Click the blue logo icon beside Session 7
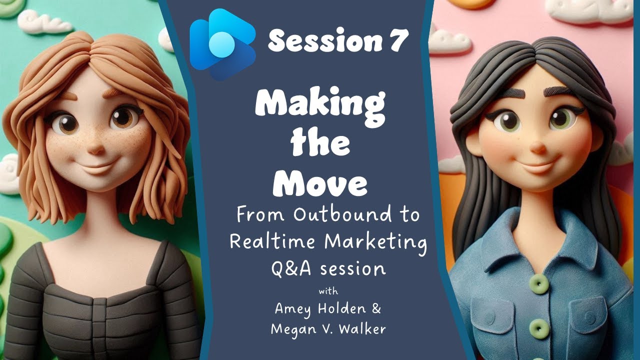[222, 44]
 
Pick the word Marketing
[375, 243]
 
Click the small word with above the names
[328, 291]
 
